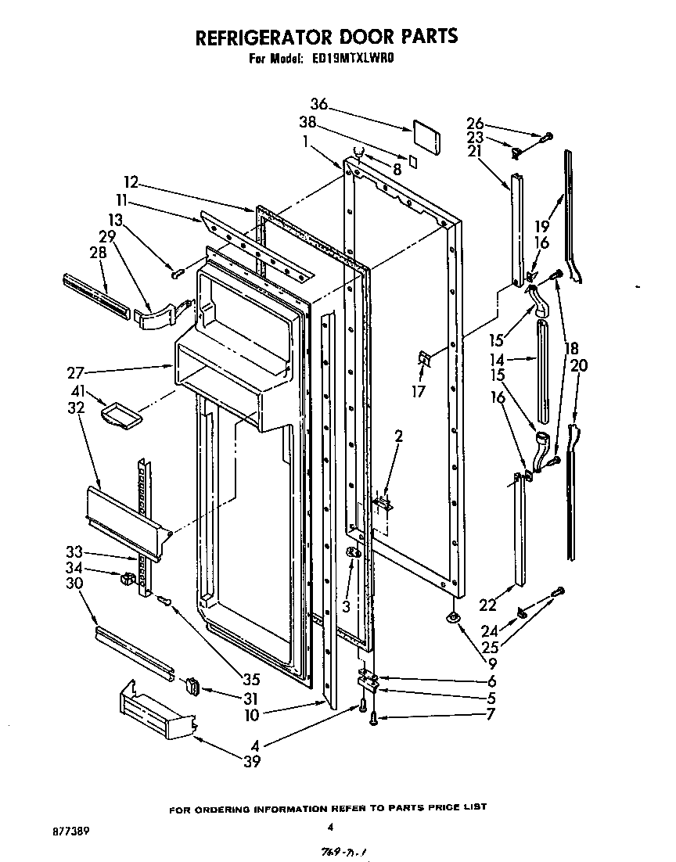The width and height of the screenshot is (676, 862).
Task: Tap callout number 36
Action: click(318, 105)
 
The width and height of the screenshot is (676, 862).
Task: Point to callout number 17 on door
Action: click(419, 392)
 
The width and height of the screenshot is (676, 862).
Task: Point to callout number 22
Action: click(487, 605)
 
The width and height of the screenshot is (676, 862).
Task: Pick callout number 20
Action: click(580, 365)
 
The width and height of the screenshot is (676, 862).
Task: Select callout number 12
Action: click(131, 182)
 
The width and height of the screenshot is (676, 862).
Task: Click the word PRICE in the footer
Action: click(442, 806)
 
